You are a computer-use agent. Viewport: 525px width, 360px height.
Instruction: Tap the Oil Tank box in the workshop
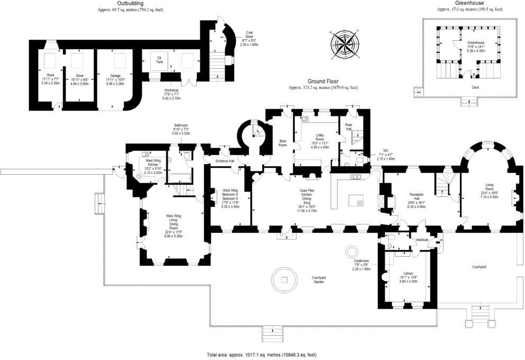159,59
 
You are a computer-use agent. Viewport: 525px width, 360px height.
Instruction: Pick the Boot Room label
283,142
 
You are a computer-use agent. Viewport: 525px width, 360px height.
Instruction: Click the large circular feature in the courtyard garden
285,278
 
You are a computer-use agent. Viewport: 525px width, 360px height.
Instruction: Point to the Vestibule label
422,240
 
